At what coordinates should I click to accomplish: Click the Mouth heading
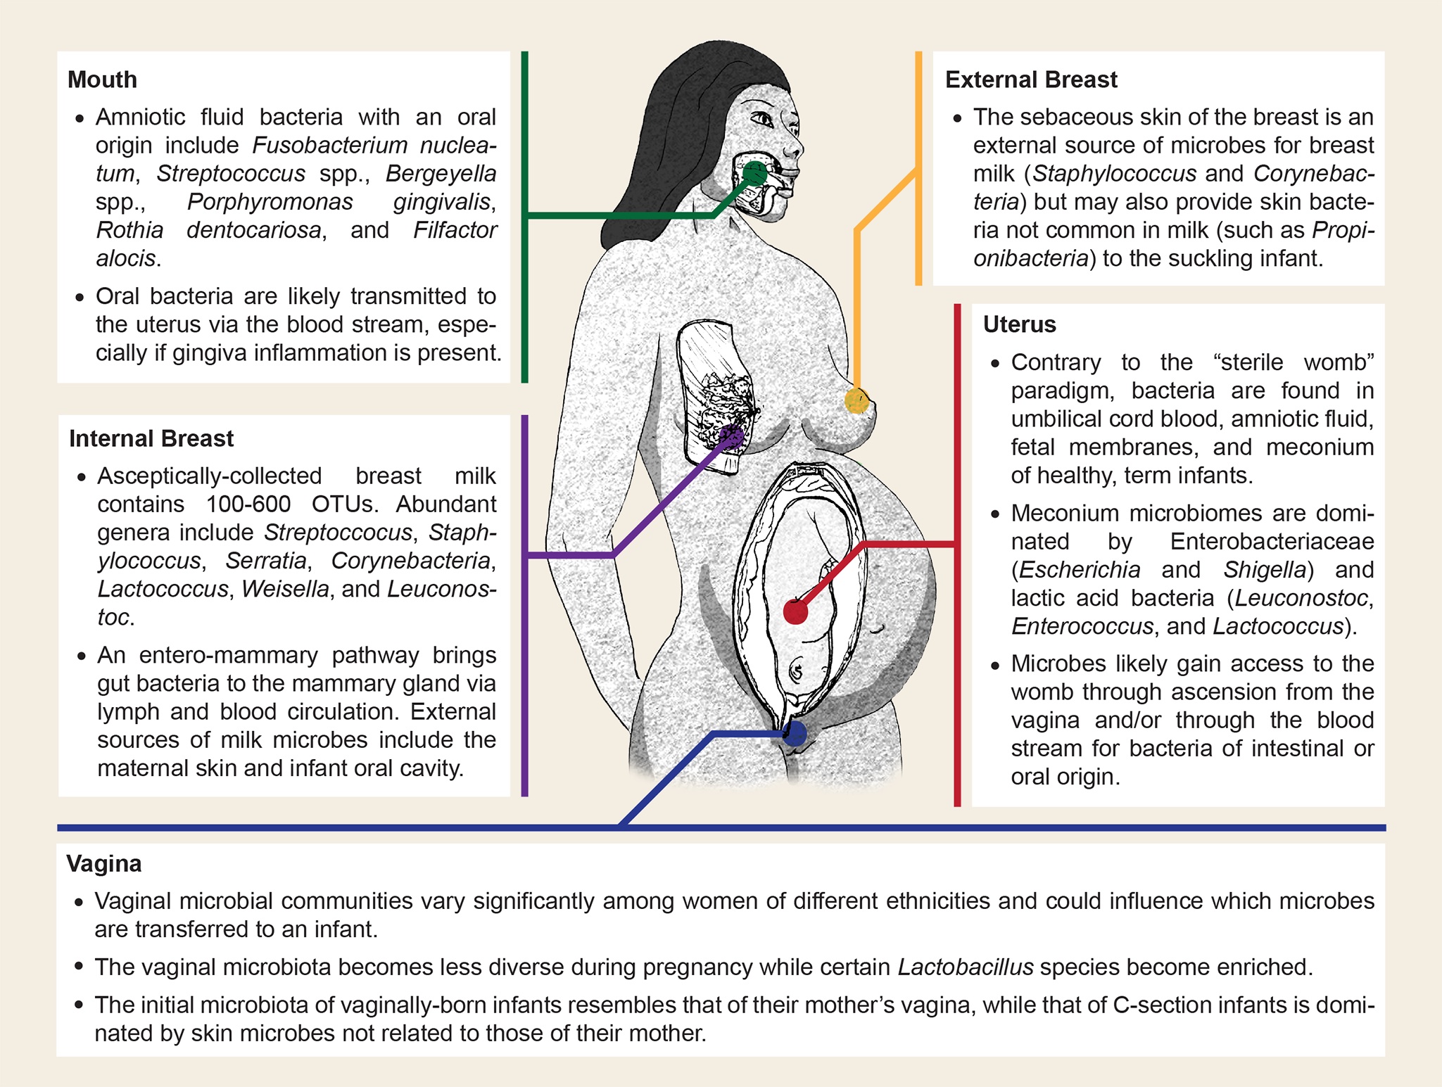(102, 80)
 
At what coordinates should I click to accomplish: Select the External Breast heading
(1031, 80)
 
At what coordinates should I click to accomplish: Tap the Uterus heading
(1019, 324)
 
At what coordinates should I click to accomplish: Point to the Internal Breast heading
(151, 438)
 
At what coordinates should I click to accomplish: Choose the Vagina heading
(104, 863)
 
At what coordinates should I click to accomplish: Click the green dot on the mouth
(755, 172)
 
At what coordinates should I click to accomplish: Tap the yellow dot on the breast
(856, 400)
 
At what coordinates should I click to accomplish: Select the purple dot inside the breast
(733, 437)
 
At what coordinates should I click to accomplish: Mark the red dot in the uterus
(795, 612)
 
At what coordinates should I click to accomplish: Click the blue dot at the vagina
(795, 735)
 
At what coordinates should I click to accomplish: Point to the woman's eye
(763, 118)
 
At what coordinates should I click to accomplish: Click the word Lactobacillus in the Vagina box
(966, 967)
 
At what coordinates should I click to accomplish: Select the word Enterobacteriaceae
(1272, 542)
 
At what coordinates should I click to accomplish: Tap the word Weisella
(285, 589)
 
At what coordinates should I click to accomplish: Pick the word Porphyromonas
(270, 202)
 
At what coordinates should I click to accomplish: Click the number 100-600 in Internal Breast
(248, 504)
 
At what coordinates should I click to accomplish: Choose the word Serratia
(266, 561)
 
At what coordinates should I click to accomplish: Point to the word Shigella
(1265, 570)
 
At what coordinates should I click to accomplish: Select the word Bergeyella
(441, 173)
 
